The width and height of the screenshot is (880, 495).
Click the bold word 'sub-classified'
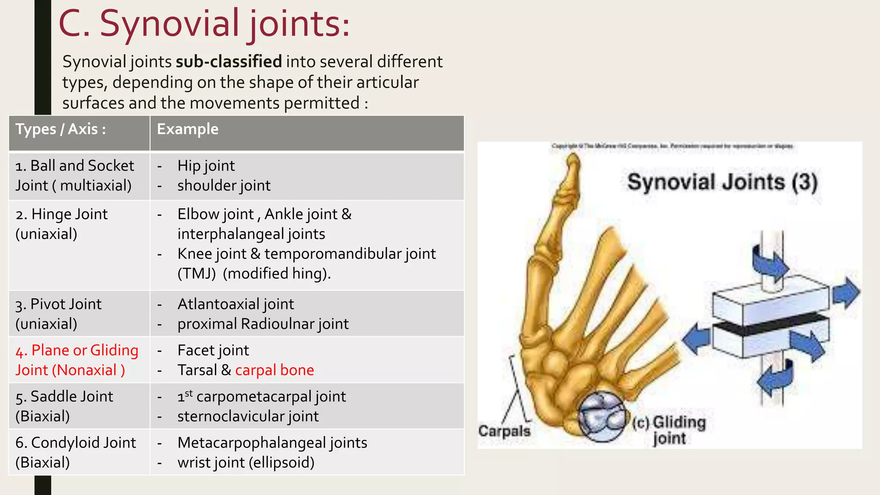coord(229,61)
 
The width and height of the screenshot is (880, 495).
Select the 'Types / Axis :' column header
coord(61,129)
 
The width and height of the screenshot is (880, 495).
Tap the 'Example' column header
coord(187,129)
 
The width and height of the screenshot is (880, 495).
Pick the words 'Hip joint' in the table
coord(206,165)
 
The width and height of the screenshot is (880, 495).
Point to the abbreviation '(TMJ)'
coord(196,273)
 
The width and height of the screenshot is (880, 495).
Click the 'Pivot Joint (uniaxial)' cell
coord(58,314)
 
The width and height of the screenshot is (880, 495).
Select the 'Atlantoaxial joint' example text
coord(235,304)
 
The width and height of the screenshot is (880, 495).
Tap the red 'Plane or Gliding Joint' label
coord(76,360)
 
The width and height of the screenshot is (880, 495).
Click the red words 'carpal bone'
coord(274,370)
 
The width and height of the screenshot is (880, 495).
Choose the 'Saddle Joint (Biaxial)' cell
coord(64,406)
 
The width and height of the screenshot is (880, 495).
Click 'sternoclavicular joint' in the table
coord(248,416)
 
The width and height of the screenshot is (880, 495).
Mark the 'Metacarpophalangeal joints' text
coord(272,443)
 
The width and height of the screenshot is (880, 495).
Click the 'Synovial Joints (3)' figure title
coord(722,182)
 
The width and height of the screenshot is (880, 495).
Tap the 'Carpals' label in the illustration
coord(504,431)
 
